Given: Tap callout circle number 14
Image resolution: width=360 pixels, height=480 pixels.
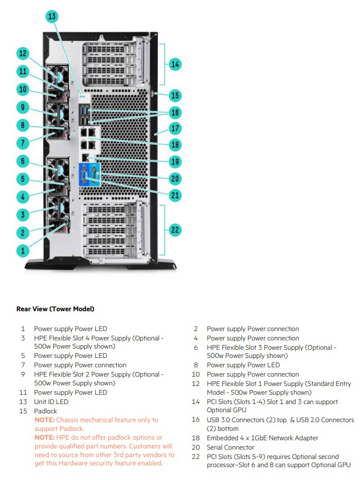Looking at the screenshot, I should tap(175, 64).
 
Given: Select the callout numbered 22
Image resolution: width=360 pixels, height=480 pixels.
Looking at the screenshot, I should tap(175, 229).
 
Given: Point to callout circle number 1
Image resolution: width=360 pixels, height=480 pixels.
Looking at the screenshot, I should tap(22, 250).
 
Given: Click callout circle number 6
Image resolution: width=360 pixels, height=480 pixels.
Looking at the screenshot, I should tap(22, 161).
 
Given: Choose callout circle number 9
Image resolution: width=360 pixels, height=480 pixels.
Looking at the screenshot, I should tap(22, 107).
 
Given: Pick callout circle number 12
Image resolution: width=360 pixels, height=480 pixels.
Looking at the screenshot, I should tap(22, 54).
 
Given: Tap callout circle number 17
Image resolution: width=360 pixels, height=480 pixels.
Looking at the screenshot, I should tap(175, 127).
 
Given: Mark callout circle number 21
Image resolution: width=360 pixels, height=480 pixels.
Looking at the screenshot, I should tap(175, 194).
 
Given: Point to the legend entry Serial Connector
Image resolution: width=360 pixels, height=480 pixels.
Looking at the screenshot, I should tap(230, 447).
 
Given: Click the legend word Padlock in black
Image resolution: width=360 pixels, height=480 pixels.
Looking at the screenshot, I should tap(46, 411).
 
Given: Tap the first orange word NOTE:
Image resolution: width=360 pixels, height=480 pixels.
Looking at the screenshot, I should tap(44, 420).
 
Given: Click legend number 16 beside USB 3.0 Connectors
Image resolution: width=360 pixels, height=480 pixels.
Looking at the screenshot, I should tap(196, 420).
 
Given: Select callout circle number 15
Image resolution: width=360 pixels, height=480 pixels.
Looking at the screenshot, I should tap(175, 95).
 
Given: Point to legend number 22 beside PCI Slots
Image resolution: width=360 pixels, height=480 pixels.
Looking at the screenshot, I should tap(196, 457).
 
